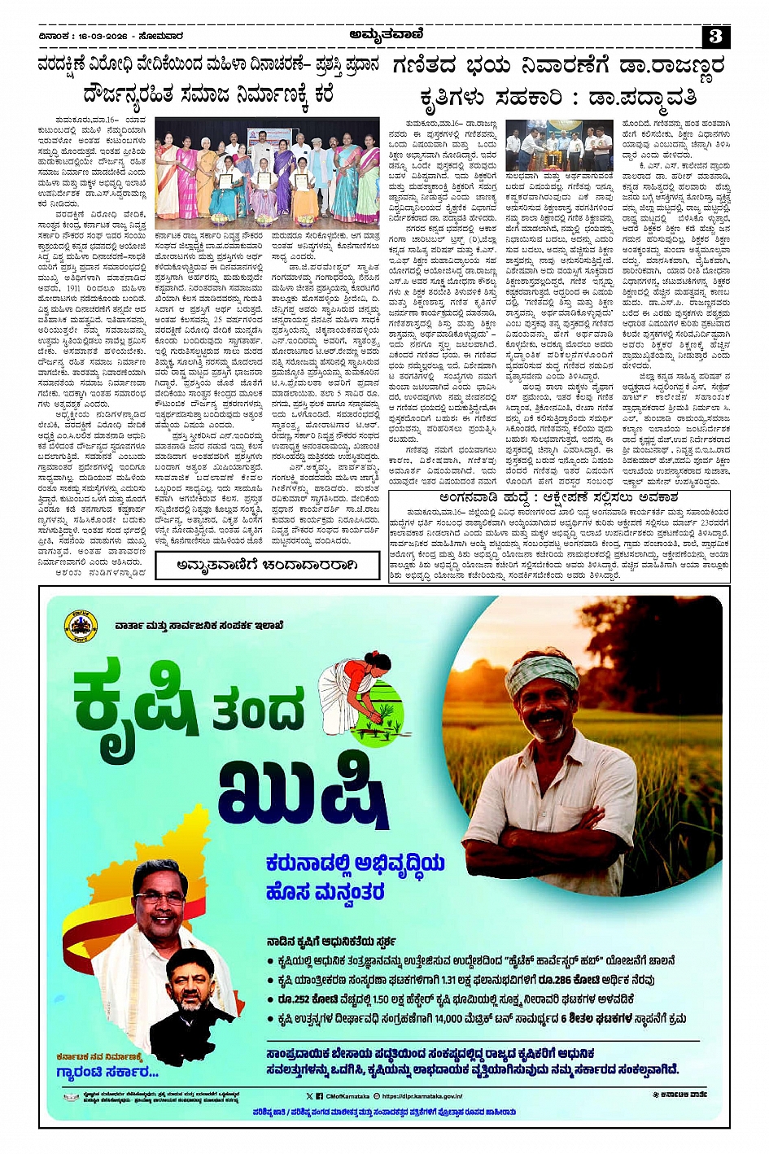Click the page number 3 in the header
pyautogui.click(x=715, y=36)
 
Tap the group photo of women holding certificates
pyautogui.click(x=267, y=171)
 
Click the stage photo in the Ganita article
pyautogui.click(x=559, y=146)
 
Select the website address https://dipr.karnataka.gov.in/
pyautogui.click(x=422, y=1096)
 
